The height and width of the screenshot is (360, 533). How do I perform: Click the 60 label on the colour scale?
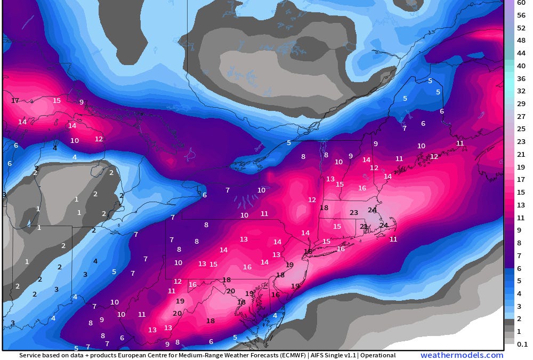tap(521, 3)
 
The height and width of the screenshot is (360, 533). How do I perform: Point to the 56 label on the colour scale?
tap(521, 15)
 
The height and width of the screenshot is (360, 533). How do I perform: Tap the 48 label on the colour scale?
tap(521, 41)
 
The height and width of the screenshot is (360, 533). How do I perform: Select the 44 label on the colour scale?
tap(521, 53)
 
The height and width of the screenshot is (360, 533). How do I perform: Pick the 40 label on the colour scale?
tap(521, 66)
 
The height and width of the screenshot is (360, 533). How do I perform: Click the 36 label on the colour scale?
tap(521, 78)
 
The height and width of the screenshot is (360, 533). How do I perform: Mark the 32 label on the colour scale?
tap(521, 91)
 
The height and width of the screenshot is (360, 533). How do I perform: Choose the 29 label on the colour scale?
tap(521, 103)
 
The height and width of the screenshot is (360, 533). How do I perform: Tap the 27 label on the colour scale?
tap(521, 116)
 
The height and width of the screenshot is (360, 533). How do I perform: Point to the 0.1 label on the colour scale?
tap(522, 344)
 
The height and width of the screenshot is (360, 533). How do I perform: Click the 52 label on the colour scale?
tap(521, 28)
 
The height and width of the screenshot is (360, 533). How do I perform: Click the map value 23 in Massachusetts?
tap(354, 212)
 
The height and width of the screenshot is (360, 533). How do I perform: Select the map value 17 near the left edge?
tap(15, 100)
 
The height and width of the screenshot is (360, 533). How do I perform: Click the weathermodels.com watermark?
tap(462, 355)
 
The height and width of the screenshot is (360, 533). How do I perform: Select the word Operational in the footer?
tap(377, 355)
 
